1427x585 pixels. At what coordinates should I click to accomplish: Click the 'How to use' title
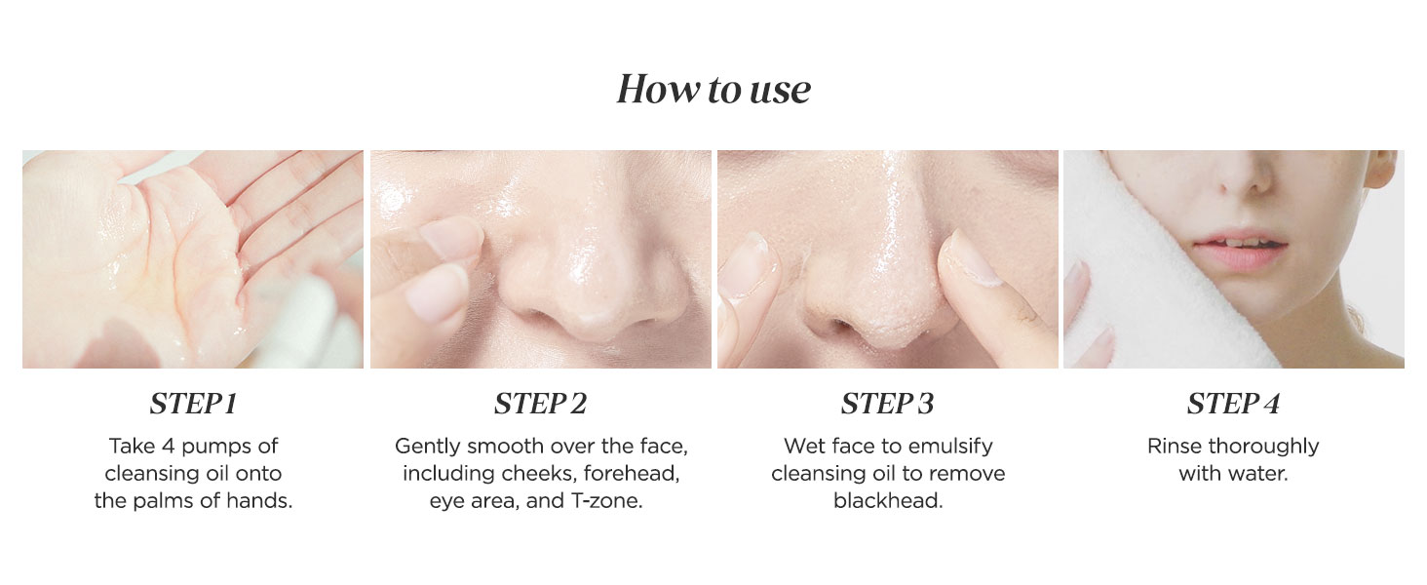pos(713,90)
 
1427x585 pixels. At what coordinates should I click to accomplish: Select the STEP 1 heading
pos(193,404)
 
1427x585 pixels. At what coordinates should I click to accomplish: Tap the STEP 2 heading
pos(540,404)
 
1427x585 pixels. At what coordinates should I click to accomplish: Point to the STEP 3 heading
pos(887,404)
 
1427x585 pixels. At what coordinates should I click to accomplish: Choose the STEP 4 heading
pos(1233,404)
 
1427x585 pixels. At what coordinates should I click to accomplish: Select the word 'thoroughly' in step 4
pos(1263,447)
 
